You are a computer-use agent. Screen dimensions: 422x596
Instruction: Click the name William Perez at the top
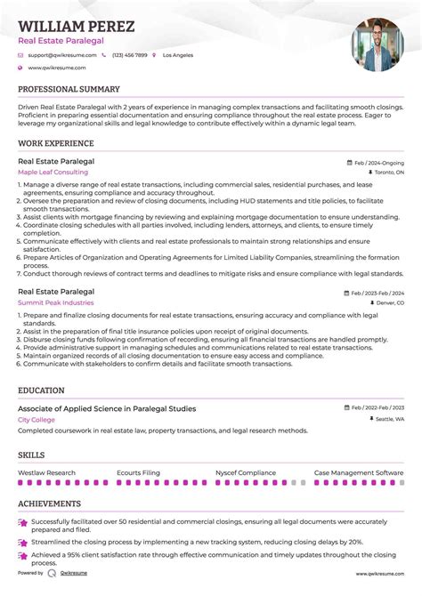pyautogui.click(x=76, y=27)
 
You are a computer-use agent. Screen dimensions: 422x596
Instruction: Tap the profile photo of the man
pyautogui.click(x=377, y=45)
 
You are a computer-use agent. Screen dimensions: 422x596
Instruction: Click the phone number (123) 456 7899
pyautogui.click(x=130, y=55)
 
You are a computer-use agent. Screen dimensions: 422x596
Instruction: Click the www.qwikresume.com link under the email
pyautogui.click(x=56, y=68)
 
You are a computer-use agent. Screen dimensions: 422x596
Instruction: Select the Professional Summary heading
pyautogui.click(x=69, y=90)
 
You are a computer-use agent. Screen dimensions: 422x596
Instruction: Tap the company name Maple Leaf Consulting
pyautogui.click(x=53, y=172)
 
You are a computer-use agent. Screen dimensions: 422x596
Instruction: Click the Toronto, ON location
pyautogui.click(x=389, y=173)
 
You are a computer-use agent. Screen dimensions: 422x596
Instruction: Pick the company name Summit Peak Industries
pyautogui.click(x=55, y=303)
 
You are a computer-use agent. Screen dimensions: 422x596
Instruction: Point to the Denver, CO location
pyautogui.click(x=388, y=303)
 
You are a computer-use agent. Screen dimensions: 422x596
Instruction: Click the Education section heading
pyautogui.click(x=41, y=391)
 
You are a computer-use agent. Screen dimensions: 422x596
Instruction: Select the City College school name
pyautogui.click(x=36, y=419)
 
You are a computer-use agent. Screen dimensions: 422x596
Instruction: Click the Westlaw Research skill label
pyautogui.click(x=46, y=473)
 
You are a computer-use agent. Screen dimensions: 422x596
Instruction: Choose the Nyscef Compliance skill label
pyautogui.click(x=246, y=473)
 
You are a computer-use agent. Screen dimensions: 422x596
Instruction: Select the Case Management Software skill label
pyautogui.click(x=359, y=473)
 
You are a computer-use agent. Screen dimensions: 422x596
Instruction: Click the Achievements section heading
pyautogui.click(x=50, y=503)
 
